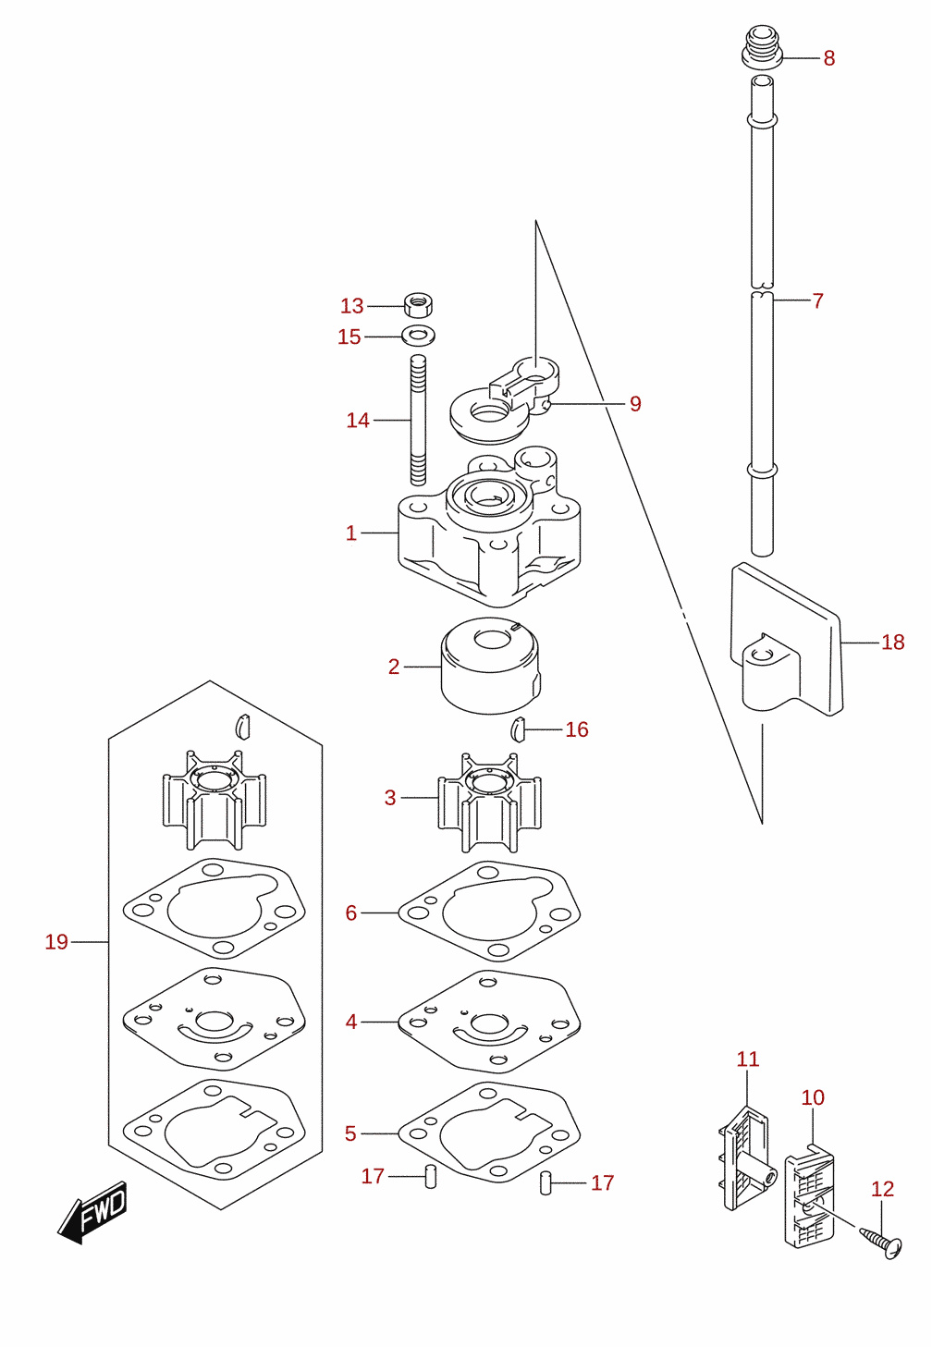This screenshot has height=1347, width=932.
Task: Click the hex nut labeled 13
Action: (418, 305)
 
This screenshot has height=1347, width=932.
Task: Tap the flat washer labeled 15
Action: (419, 335)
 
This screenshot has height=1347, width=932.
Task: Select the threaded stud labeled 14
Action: (419, 420)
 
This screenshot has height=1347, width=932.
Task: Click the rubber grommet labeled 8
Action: (762, 47)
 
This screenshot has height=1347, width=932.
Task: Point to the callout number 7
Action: (817, 300)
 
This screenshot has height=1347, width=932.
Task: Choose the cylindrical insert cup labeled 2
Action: (491, 666)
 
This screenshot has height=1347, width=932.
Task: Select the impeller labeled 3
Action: (489, 802)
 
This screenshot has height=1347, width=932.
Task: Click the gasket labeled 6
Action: (489, 912)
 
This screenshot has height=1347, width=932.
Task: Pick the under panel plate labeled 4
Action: (489, 1022)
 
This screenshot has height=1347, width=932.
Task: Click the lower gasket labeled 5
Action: (489, 1133)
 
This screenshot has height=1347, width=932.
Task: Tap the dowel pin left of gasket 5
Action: (431, 1177)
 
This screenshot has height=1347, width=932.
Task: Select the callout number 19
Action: (56, 942)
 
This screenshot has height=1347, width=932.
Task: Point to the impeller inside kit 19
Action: (215, 800)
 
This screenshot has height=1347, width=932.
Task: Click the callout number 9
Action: (635, 403)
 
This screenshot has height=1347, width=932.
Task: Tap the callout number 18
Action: (893, 643)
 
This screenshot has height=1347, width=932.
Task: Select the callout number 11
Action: (748, 1059)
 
